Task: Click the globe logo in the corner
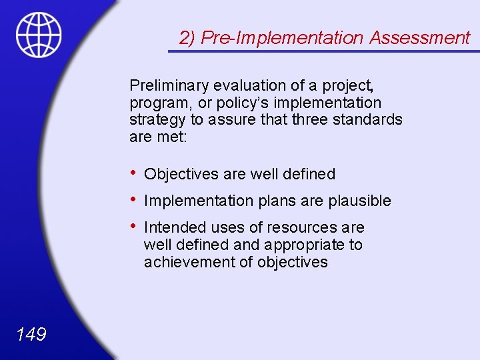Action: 39,35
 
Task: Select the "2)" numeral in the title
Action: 187,38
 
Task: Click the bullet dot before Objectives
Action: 134,173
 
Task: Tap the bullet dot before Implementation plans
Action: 134,199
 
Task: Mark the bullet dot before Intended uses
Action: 134,226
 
